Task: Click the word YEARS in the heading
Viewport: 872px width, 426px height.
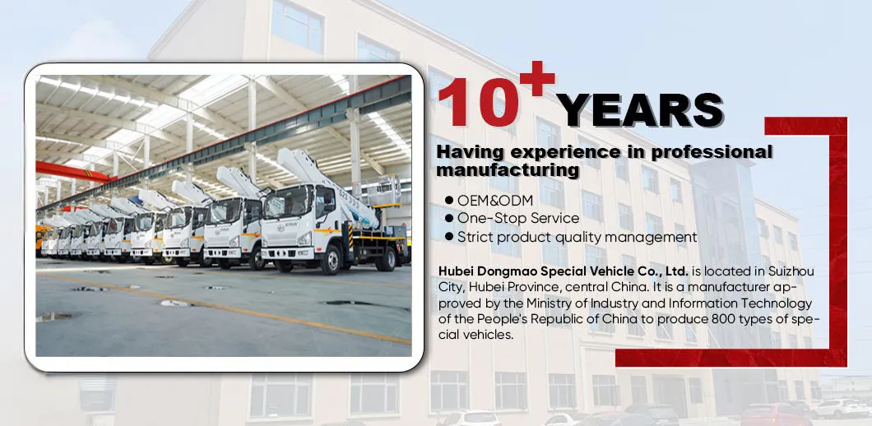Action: pyautogui.click(x=640, y=110)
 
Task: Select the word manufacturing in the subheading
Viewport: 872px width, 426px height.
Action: pyautogui.click(x=508, y=170)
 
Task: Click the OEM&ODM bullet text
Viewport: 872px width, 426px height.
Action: pyautogui.click(x=495, y=201)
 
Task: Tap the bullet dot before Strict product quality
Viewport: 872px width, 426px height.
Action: pyautogui.click(x=449, y=237)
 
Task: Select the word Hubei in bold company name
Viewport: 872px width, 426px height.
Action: pyautogui.click(x=457, y=271)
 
